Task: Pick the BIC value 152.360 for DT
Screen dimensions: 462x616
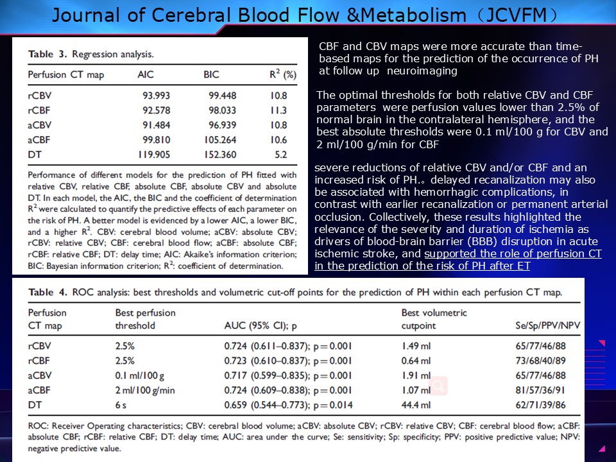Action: point(219,154)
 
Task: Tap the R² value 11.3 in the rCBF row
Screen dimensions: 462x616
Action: point(279,110)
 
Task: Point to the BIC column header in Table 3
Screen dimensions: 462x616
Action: point(211,75)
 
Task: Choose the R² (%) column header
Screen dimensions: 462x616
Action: point(282,74)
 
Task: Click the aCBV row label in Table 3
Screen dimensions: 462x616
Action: point(40,125)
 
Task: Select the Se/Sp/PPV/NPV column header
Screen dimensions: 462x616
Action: point(547,326)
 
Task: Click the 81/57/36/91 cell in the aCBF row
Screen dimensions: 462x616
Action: point(541,390)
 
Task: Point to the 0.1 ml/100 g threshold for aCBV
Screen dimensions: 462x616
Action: point(140,375)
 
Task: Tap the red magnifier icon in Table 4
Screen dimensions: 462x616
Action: point(439,386)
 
